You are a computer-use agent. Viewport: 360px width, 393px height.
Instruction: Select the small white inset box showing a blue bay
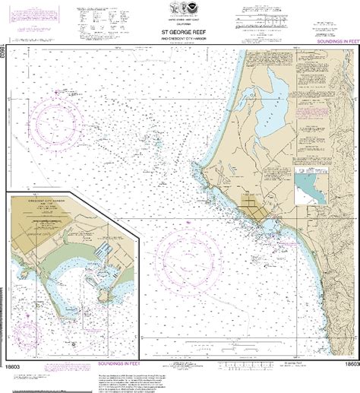click(311, 183)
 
